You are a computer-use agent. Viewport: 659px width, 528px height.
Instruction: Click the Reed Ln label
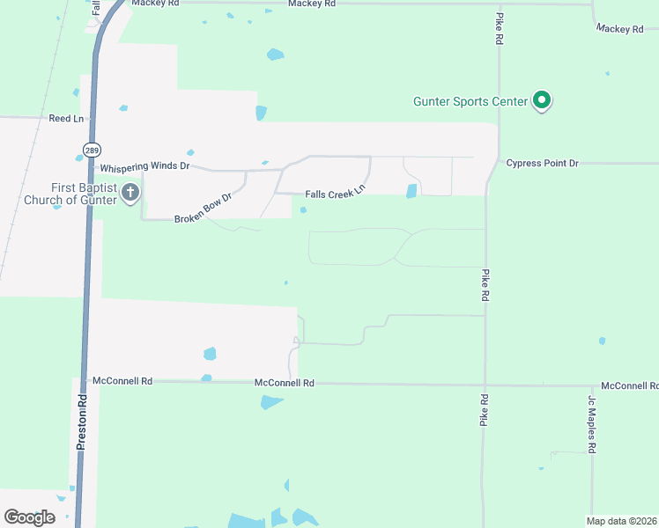pos(66,118)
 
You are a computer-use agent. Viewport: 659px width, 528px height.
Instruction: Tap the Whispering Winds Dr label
pos(145,166)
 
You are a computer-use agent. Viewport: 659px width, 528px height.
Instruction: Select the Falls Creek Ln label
pos(335,194)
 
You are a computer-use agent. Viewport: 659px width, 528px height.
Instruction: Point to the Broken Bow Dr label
pos(203,209)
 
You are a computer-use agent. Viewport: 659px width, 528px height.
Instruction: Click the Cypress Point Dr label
pos(543,164)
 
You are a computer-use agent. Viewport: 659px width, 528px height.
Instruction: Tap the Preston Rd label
pos(81,422)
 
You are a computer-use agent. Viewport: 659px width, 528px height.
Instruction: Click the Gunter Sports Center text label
pos(470,101)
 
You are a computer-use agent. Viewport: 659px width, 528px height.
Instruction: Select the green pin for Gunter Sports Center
pos(543,101)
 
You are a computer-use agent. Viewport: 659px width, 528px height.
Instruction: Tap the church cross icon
pos(130,193)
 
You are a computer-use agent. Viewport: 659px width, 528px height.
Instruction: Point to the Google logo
pos(29,517)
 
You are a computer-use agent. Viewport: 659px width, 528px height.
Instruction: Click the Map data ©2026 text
pos(621,521)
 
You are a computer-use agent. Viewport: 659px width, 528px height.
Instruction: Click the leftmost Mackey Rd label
pos(155,4)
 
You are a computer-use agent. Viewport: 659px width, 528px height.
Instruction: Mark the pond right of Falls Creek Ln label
pos(411,191)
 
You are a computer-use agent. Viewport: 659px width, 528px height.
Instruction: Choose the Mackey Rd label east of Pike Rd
pos(619,29)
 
